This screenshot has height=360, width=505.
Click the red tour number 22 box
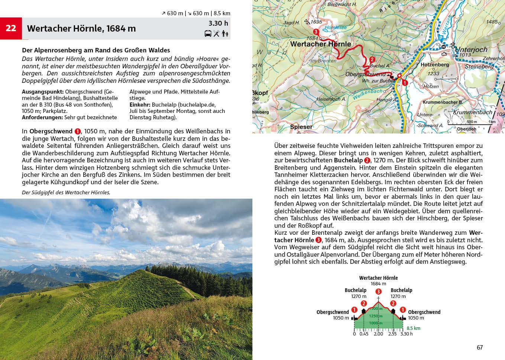11,28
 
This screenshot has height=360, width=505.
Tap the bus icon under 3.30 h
208,34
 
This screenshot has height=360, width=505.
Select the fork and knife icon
216,34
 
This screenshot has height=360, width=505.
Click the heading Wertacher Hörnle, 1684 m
81,29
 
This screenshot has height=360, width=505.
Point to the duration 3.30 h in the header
218,23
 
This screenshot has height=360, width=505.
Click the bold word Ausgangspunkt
42,92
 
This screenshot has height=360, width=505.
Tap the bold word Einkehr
140,105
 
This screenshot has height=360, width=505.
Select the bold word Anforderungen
42,117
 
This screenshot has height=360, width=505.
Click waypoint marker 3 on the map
316,32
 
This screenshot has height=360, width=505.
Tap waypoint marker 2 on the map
372,59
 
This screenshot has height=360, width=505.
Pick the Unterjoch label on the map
471,50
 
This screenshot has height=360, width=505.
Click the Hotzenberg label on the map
434,65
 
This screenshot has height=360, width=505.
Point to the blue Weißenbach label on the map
367,94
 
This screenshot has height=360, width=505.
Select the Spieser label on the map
301,127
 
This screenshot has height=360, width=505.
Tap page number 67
479,347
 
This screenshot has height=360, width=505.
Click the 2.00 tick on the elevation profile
378,334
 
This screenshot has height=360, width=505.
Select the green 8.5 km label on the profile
413,328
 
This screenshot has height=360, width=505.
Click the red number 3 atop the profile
378,292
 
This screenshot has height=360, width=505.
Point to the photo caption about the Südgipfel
66,192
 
